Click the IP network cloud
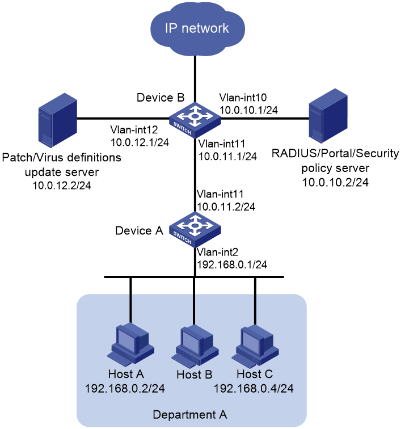[x=197, y=28]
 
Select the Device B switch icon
[x=195, y=120]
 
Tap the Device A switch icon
[x=195, y=229]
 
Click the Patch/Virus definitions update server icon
[x=58, y=120]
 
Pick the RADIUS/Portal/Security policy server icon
[x=328, y=115]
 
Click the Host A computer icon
[x=130, y=345]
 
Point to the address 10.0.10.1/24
[x=248, y=110]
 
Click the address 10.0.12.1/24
[x=140, y=142]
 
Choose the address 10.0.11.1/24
[x=227, y=156]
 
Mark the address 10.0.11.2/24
[x=226, y=207]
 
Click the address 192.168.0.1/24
[x=232, y=264]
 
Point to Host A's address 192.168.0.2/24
[x=125, y=389]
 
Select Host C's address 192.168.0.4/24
[x=254, y=389]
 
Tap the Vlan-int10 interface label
[x=243, y=98]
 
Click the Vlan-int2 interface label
[x=217, y=252]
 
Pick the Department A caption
[x=190, y=415]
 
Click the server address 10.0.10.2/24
[x=335, y=182]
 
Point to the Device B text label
[x=161, y=98]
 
